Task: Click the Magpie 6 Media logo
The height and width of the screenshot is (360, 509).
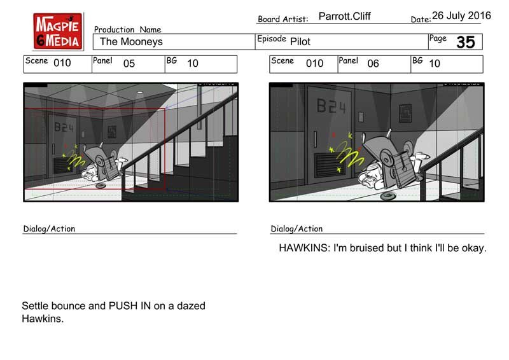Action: tap(58, 31)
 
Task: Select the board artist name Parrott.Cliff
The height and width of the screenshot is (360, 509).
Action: tap(344, 17)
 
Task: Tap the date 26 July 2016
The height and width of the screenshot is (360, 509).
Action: tap(461, 15)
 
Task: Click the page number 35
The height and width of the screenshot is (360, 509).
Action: tap(466, 42)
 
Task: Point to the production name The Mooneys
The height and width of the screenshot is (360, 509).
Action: tap(131, 41)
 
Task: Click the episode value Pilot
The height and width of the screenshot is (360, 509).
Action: tap(300, 41)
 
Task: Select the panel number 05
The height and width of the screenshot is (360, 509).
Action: tap(129, 64)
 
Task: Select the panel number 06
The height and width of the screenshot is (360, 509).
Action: tap(373, 64)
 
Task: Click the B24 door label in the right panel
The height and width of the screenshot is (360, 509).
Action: tap(331, 106)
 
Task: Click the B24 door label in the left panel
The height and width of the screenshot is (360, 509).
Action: tap(64, 127)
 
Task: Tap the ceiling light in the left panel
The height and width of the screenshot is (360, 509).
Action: tap(139, 92)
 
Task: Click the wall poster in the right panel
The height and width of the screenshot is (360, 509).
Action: tap(405, 113)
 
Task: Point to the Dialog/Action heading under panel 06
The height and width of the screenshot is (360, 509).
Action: tap(296, 229)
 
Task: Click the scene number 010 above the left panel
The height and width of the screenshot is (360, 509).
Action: tap(62, 63)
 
